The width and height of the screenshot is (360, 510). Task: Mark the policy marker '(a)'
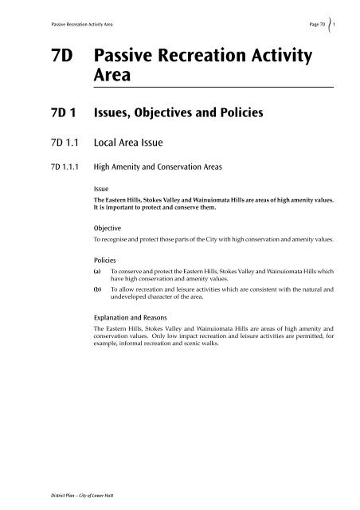(x=98, y=272)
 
